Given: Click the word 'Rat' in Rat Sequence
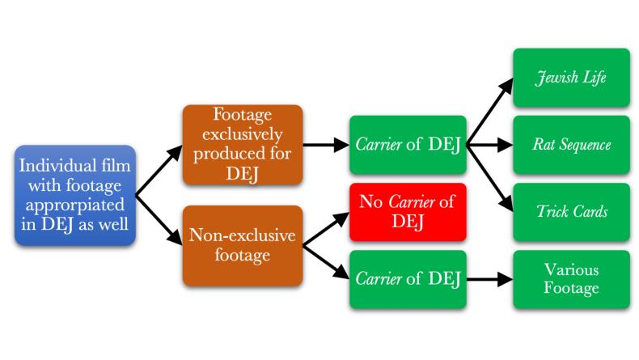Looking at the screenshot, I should point(539,146).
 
